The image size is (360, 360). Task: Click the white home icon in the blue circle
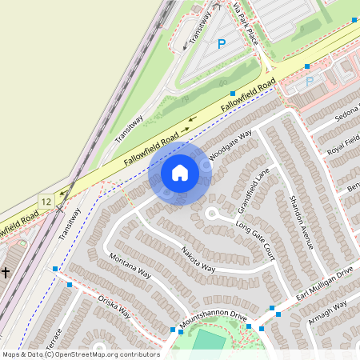180,172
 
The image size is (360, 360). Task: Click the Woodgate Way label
231,145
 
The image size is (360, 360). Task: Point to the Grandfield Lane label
253,193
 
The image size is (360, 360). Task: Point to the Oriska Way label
114,306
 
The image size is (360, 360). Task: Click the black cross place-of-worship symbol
5,273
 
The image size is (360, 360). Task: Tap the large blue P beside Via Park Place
222,45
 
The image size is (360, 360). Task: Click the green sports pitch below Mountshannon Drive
210,342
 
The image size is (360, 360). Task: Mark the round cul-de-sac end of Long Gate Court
212,214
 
